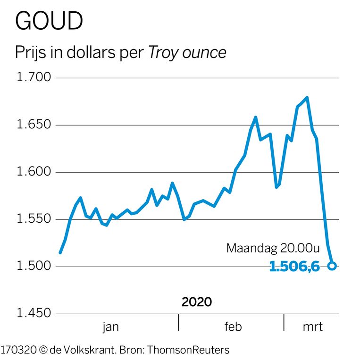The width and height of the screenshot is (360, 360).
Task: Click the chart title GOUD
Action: pyautogui.click(x=49, y=21)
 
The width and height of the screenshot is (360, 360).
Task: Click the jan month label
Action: pyautogui.click(x=111, y=327)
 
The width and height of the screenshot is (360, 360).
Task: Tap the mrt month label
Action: pyautogui.click(x=312, y=327)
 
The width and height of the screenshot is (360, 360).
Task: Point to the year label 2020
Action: pyautogui.click(x=197, y=302)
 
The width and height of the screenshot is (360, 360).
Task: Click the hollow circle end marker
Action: pyautogui.click(x=332, y=266)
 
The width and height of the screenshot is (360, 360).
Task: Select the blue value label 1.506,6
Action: pyautogui.click(x=294, y=267)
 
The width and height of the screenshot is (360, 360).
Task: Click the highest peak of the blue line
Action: pyautogui.click(x=307, y=98)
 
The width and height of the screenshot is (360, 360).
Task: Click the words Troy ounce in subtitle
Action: pyautogui.click(x=187, y=53)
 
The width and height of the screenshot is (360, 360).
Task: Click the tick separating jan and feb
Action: pyautogui.click(x=178, y=323)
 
